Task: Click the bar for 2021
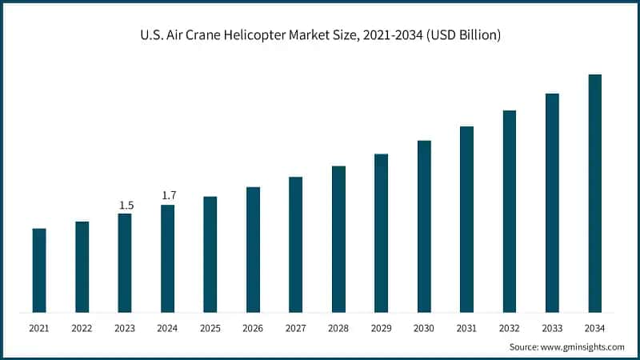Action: (x=39, y=270)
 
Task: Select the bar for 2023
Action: (x=125, y=262)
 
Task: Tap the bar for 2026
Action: (x=253, y=250)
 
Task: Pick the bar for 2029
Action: (x=381, y=233)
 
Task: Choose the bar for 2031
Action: (x=466, y=219)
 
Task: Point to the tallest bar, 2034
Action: (x=594, y=193)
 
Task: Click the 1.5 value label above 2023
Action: (x=126, y=206)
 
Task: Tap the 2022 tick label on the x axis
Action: (x=82, y=328)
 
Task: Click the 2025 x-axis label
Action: (x=210, y=328)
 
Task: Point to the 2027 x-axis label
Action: (x=296, y=328)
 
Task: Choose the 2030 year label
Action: (x=424, y=328)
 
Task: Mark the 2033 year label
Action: (x=552, y=328)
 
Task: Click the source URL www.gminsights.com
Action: (x=584, y=347)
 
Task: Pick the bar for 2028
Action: (x=338, y=239)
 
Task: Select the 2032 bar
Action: (x=509, y=211)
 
